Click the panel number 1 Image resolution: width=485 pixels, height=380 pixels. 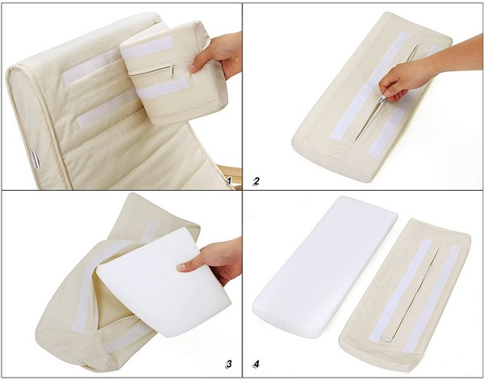[229, 181]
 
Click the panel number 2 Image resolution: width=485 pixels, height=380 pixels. [256, 181]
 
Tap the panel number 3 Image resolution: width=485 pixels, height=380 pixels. [229, 364]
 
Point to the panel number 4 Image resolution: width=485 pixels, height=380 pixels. [256, 364]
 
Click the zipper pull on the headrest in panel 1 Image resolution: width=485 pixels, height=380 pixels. [172, 71]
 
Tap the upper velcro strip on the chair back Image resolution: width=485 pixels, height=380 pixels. [91, 67]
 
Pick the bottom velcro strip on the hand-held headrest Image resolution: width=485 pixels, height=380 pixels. [163, 87]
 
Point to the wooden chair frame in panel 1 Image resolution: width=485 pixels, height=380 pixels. [233, 177]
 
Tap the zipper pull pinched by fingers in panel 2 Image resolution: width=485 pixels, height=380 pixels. [382, 99]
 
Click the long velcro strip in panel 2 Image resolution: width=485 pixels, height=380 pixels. [369, 86]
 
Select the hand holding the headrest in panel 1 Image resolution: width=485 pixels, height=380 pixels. [217, 55]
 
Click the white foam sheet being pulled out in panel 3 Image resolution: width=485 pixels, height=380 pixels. [164, 283]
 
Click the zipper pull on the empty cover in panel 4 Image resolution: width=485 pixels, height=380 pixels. [386, 340]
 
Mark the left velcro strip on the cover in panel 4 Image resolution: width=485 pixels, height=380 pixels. [401, 290]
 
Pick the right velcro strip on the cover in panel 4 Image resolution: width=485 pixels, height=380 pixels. [432, 299]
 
